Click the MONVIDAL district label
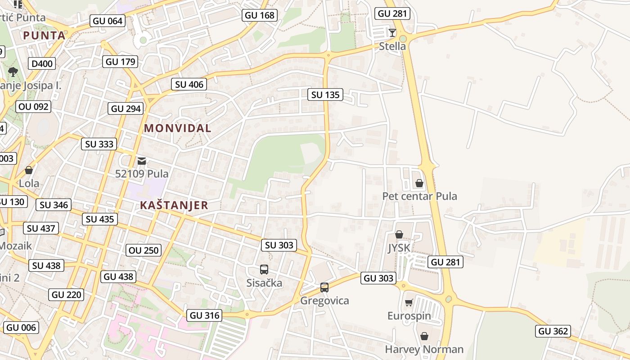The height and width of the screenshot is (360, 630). point(177,128)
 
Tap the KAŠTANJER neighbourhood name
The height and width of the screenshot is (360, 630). point(174,206)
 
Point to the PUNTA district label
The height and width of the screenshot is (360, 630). point(44,36)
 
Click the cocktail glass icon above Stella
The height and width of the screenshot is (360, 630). point(392,32)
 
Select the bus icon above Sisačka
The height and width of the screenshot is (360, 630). point(264,270)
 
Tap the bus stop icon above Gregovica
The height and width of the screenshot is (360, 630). point(324,287)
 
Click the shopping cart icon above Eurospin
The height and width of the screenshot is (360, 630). point(409,302)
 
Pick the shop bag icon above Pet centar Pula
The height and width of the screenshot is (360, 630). point(419,183)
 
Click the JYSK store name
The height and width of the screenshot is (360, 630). point(399,248)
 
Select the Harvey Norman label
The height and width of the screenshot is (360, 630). point(424,349)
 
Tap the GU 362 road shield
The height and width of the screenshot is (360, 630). point(553,331)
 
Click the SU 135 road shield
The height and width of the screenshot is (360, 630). point(325,94)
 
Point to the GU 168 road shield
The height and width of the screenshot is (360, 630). point(259,15)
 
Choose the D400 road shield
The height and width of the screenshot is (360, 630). point(42,63)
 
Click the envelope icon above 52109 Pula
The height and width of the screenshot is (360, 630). point(142,161)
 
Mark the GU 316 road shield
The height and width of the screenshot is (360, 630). point(205,315)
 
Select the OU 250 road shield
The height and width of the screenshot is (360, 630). point(144,250)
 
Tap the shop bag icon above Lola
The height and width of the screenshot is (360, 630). point(29,170)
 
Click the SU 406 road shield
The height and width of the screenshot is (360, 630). point(189,84)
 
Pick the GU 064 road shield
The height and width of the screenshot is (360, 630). point(108,21)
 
